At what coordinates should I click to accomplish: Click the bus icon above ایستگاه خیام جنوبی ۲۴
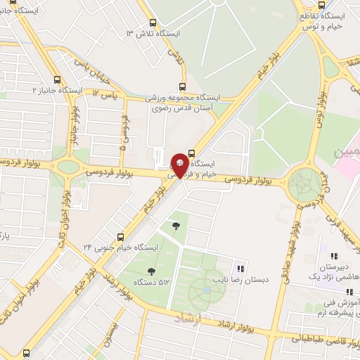pyautogui.click(x=121, y=236)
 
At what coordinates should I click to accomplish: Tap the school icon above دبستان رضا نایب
pyautogui.click(x=240, y=268)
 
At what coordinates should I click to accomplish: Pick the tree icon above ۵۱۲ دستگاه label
pyautogui.click(x=151, y=271)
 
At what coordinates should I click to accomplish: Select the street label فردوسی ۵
pyautogui.click(x=124, y=134)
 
